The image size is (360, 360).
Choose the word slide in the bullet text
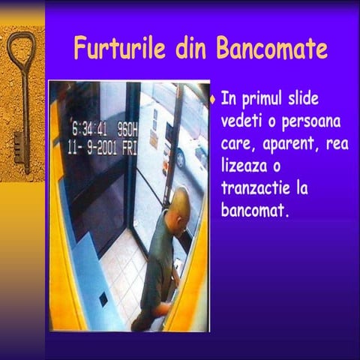pyautogui.click(x=309, y=100)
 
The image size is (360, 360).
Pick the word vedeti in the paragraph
pyautogui.click(x=241, y=121)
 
